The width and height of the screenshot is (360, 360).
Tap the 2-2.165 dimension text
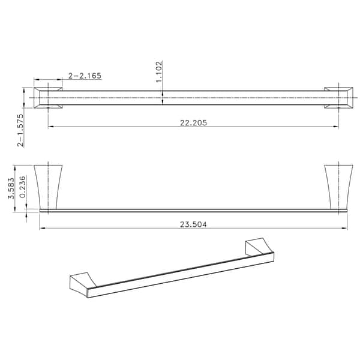point(85,76)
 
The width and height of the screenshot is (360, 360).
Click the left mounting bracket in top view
point(48,98)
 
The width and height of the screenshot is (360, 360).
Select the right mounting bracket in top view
point(338,98)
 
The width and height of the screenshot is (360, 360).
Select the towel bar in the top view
point(192,98)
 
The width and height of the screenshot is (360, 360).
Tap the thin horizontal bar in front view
point(192,210)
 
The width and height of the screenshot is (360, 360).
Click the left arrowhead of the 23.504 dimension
point(41,229)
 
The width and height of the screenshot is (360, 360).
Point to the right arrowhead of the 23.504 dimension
point(345,229)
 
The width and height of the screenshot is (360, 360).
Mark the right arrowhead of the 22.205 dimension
point(337,127)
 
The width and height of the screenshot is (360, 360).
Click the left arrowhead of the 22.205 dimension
point(50,127)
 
